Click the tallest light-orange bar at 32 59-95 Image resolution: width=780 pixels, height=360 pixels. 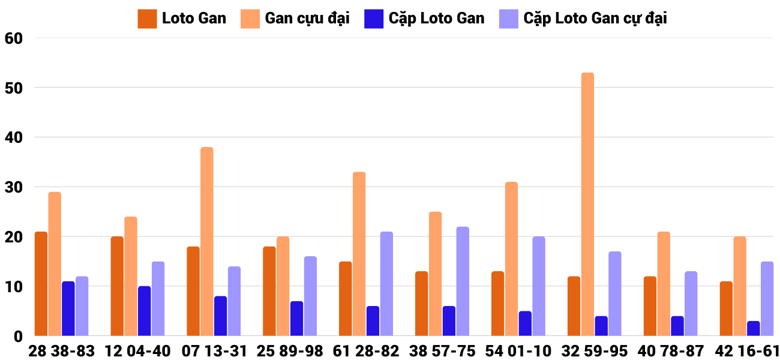tap(587, 204)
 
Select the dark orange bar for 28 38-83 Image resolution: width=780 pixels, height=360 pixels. tap(41, 284)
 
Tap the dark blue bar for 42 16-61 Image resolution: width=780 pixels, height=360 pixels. tap(754, 328)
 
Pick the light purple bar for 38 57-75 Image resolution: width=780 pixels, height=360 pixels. tap(463, 281)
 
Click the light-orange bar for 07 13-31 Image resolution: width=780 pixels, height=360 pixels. tap(207, 241)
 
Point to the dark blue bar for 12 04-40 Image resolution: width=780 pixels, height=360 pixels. tap(145, 311)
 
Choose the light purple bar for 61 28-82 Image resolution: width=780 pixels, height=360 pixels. tap(386, 284)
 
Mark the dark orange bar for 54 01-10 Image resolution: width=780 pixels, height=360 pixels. tap(497, 304)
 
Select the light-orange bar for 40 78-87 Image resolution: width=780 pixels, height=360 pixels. tap(664, 284)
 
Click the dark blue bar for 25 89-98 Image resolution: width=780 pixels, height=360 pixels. tap(297, 319)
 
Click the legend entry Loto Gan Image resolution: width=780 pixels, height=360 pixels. tap(194, 19)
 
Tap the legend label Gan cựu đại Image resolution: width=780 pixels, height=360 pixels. tap(307, 19)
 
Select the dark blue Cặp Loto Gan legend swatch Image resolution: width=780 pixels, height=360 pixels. tap(373, 19)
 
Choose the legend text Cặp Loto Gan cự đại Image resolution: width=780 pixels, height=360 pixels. tap(595, 19)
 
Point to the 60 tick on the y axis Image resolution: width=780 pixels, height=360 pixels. tap(13, 38)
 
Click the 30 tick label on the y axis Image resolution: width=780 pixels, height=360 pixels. tap(13, 187)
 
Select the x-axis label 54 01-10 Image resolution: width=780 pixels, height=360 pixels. tap(518, 351)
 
